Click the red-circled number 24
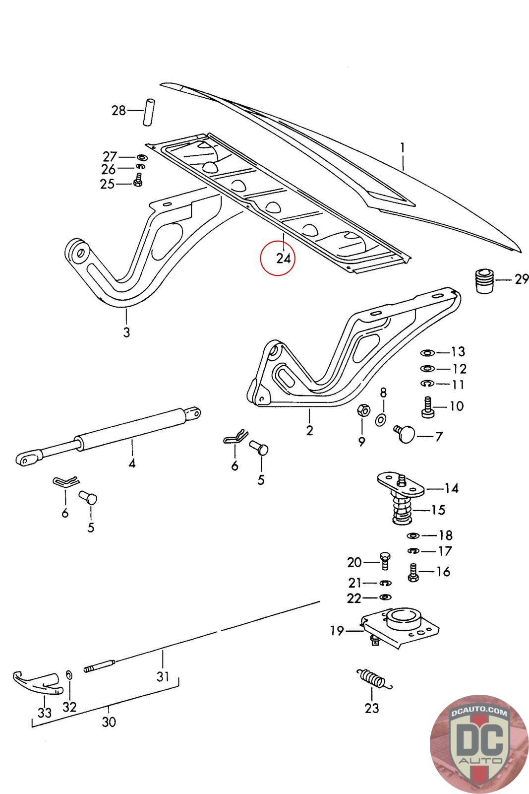(x=283, y=259)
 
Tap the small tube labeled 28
(x=149, y=112)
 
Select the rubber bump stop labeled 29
(x=484, y=281)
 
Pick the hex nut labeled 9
(x=363, y=410)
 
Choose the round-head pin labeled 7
(x=404, y=433)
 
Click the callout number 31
(x=163, y=676)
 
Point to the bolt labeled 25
(x=138, y=181)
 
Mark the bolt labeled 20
(x=385, y=561)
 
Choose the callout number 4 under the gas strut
(x=132, y=463)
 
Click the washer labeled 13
(x=427, y=353)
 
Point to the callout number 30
(x=109, y=722)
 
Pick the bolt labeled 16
(x=413, y=573)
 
